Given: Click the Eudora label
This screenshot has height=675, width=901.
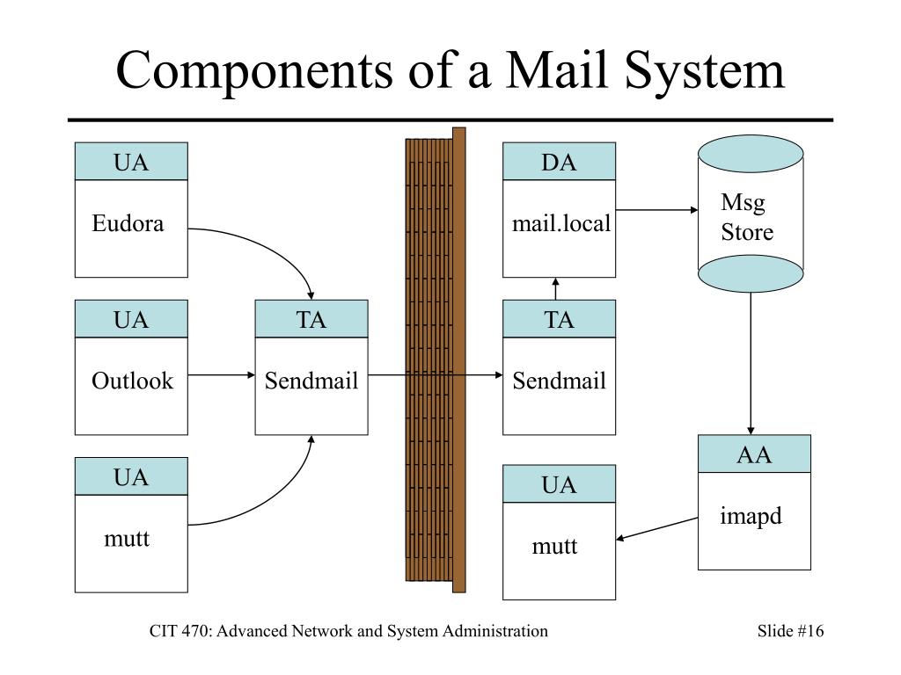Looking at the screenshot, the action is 128,223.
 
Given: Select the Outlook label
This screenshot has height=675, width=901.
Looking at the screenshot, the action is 132,381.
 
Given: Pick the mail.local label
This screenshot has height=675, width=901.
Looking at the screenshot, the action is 560,223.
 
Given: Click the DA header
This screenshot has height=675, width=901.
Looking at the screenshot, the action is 559,162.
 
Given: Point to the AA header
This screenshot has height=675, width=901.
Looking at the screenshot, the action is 754,454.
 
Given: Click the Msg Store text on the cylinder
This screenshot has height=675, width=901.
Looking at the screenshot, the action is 747,218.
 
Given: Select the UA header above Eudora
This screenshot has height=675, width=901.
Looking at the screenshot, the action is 131,162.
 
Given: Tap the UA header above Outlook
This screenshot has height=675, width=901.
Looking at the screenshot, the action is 131,319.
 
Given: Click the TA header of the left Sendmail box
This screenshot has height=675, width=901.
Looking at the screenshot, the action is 311,319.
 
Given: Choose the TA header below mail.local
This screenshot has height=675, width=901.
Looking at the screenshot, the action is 559,319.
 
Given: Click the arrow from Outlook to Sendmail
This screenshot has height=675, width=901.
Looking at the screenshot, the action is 221,375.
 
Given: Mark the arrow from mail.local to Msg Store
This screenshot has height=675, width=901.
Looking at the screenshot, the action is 656,210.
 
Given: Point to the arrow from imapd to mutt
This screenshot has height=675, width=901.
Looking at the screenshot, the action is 656,528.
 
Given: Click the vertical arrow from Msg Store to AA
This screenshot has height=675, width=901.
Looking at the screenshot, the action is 751,364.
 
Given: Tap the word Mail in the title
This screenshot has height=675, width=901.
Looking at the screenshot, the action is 556,70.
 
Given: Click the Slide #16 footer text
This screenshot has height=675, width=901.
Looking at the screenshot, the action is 790,631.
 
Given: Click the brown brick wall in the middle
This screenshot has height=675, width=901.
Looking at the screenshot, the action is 436,359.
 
